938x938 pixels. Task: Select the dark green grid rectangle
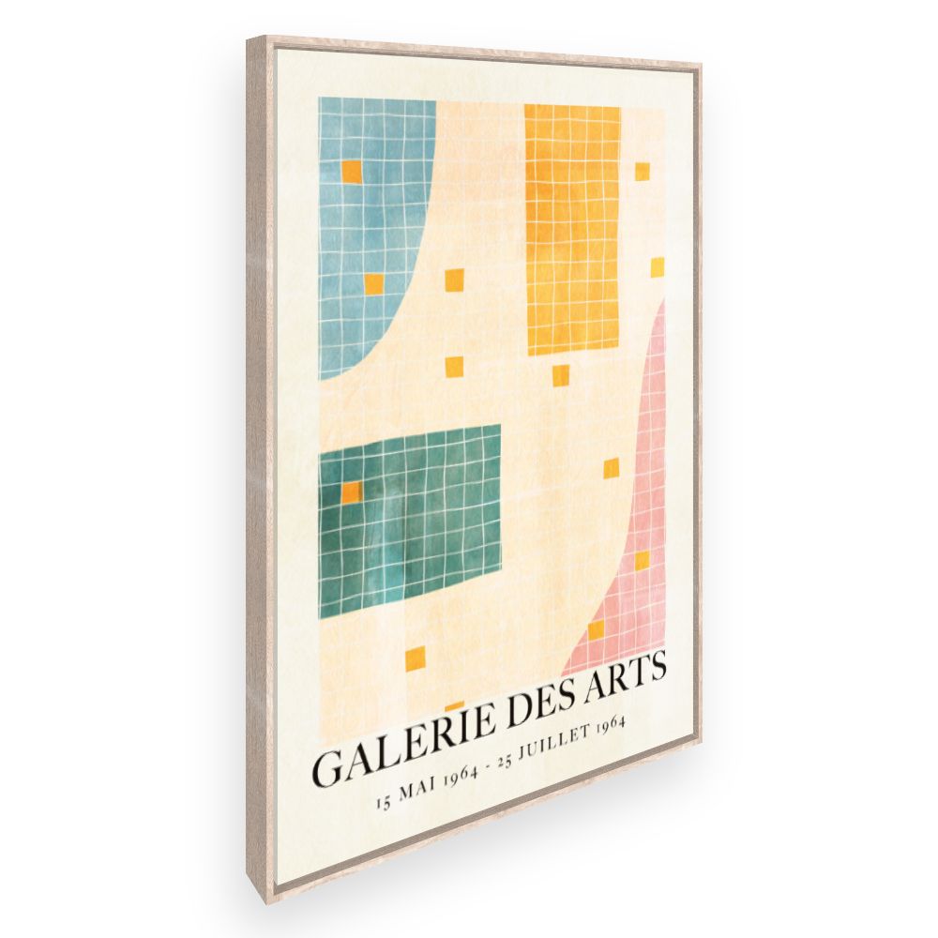[x=409, y=521]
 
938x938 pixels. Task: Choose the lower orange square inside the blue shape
[x=374, y=283]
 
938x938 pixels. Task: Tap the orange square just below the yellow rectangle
[x=560, y=375]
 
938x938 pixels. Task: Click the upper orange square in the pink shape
[x=642, y=561]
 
